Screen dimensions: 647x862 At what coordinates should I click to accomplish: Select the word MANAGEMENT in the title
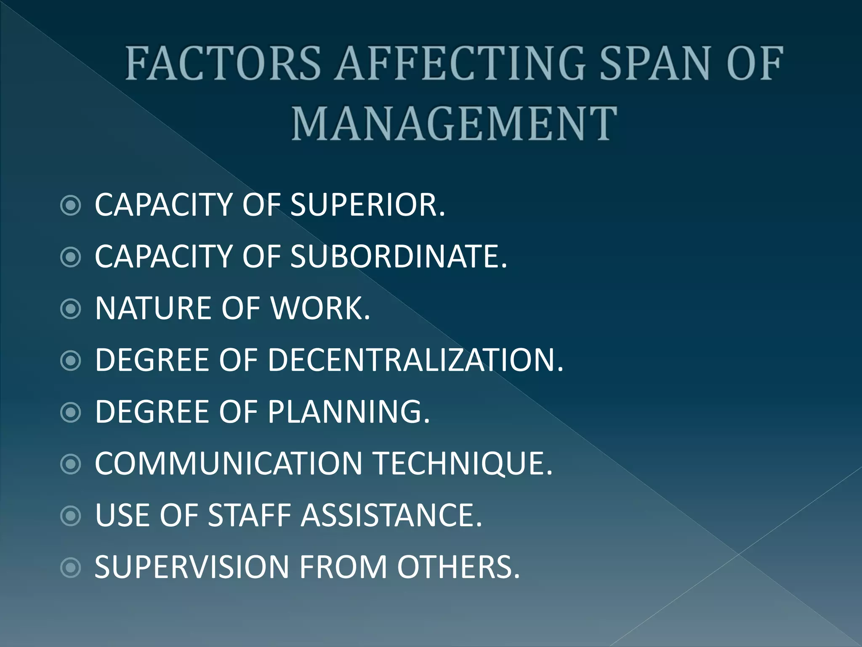[455, 123]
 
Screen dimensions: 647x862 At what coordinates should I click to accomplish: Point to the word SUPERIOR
[367, 205]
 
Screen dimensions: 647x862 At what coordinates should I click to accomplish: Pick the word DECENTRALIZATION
[415, 360]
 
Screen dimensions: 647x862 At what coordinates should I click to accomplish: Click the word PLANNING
[349, 412]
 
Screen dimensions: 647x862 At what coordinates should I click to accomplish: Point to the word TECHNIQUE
[463, 464]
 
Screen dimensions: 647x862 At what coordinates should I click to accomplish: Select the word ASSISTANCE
[391, 516]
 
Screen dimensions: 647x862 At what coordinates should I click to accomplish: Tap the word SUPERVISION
[192, 567]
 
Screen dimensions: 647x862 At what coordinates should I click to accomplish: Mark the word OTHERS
[458, 567]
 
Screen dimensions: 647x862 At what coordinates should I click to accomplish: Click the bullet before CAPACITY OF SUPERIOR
[71, 206]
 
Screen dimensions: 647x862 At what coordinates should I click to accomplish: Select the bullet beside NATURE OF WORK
[71, 309]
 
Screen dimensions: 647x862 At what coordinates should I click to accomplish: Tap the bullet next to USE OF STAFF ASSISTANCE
[71, 516]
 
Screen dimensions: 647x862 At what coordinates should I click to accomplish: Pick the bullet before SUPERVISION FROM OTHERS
[71, 568]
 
